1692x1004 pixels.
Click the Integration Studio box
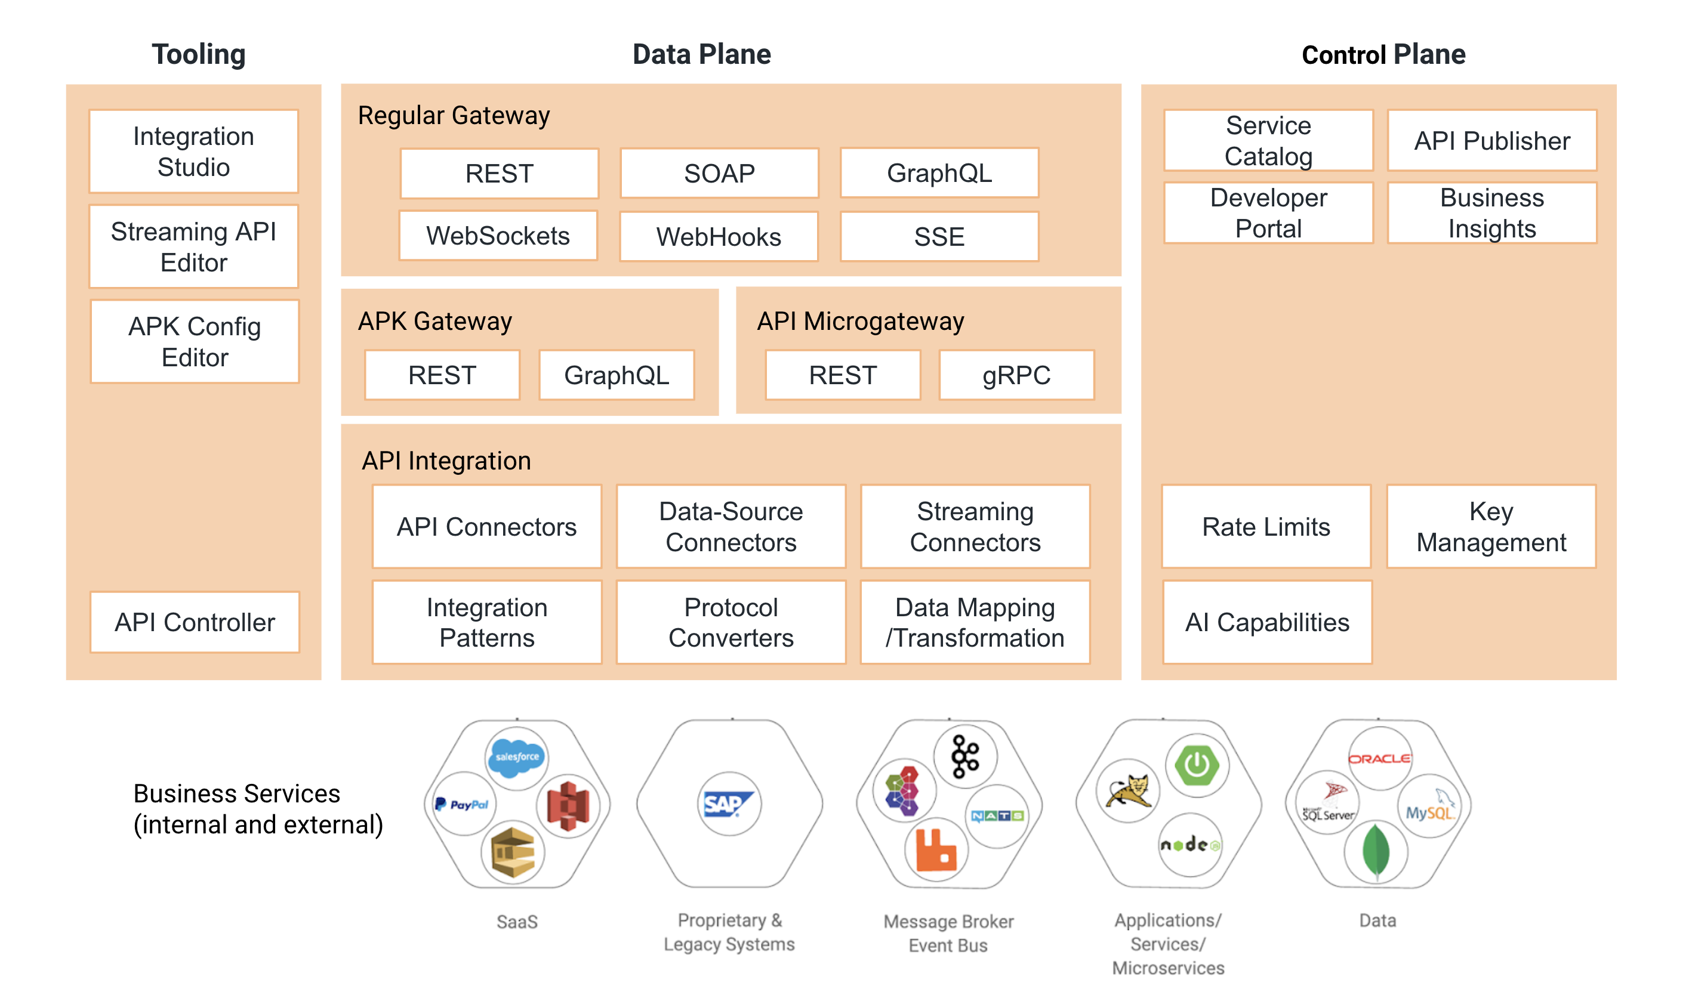pos(193,152)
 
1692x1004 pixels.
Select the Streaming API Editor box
pos(193,247)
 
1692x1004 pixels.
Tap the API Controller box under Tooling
pos(195,622)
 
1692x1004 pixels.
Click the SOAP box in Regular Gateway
pos(719,173)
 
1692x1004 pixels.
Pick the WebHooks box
pos(719,237)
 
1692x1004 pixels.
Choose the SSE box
pos(939,237)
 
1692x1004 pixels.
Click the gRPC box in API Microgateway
pos(1016,375)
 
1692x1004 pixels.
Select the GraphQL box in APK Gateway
pos(617,375)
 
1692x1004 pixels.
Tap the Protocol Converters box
pos(731,622)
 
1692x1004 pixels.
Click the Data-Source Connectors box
pos(731,526)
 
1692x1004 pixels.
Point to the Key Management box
pos(1491,526)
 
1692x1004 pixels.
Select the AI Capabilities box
pos(1268,622)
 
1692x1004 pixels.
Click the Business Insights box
pos(1492,213)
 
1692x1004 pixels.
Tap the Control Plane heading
pos(1383,54)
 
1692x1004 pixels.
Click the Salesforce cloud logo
pos(517,757)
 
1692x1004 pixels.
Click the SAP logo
pos(728,804)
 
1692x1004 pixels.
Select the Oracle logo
pos(1379,758)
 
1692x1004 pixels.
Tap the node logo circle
pos(1190,844)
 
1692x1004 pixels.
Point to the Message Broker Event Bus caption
pos(948,933)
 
